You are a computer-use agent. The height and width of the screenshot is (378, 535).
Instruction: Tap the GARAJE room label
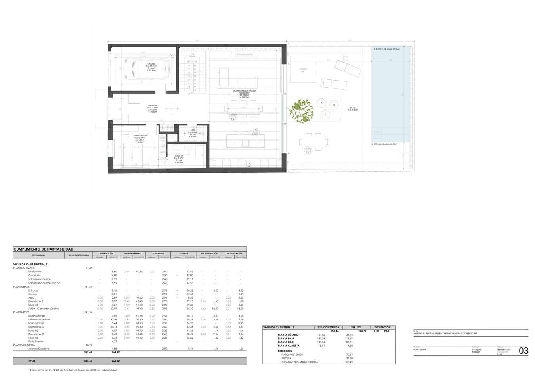[151, 63]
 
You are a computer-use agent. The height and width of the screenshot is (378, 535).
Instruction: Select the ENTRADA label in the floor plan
[153, 106]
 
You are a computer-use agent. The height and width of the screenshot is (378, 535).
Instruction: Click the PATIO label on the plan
[352, 107]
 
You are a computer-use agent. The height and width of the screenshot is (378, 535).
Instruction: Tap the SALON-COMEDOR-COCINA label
[244, 91]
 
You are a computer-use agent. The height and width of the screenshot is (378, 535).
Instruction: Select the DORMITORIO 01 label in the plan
[140, 136]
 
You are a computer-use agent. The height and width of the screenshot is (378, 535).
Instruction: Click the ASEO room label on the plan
[193, 130]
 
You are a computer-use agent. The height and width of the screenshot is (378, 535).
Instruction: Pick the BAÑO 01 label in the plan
[179, 156]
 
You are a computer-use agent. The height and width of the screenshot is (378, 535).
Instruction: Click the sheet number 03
[523, 351]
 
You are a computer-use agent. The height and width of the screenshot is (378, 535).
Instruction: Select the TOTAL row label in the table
[31, 361]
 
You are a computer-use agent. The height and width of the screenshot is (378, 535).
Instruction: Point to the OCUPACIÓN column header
[382, 327]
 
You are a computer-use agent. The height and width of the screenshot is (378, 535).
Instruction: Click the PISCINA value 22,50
[348, 358]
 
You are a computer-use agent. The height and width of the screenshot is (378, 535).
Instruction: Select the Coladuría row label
[34, 275]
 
